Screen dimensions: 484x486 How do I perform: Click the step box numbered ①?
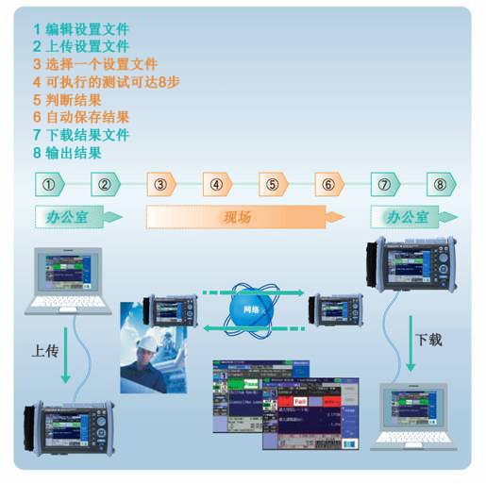tap(49, 184)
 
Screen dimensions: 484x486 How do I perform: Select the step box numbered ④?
tap(217, 184)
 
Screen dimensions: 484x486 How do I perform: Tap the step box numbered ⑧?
tap(440, 184)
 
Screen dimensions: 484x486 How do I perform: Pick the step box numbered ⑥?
tap(328, 184)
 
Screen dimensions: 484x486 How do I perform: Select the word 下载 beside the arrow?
tap(428, 340)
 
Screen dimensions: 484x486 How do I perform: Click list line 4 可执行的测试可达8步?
tap(106, 82)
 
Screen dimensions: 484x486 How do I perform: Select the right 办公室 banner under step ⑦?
tap(407, 217)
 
